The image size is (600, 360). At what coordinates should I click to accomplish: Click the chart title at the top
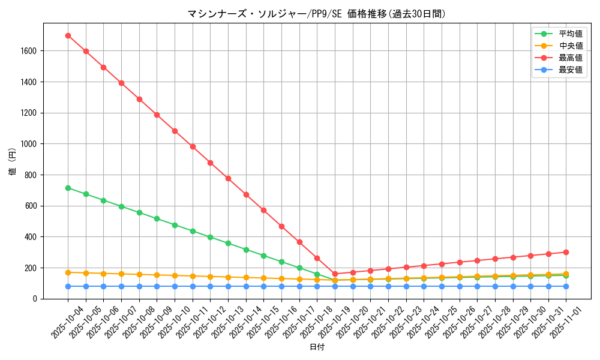click(x=317, y=14)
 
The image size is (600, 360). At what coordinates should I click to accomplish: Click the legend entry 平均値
click(x=571, y=34)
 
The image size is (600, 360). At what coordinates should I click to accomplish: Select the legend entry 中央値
click(x=571, y=46)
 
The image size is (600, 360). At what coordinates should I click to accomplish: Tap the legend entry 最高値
click(x=571, y=58)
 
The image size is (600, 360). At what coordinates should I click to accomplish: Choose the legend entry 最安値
click(x=571, y=70)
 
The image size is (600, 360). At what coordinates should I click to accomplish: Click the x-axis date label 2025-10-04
click(x=67, y=321)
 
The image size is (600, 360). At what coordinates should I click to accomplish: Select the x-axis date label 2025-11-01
click(x=565, y=321)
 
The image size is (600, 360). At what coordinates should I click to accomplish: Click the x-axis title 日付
click(x=317, y=347)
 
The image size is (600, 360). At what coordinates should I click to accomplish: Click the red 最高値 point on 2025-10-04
click(x=68, y=35)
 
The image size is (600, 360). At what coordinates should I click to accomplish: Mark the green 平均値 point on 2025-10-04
click(x=68, y=188)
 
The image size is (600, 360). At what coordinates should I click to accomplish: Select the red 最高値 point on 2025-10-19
click(x=335, y=274)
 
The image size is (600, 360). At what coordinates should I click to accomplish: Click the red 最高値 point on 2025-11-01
click(x=566, y=252)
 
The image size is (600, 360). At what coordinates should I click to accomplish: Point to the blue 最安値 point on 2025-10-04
click(x=68, y=286)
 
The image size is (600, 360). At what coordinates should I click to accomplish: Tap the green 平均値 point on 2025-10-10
click(x=175, y=225)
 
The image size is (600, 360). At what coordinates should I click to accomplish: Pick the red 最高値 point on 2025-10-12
click(x=210, y=163)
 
